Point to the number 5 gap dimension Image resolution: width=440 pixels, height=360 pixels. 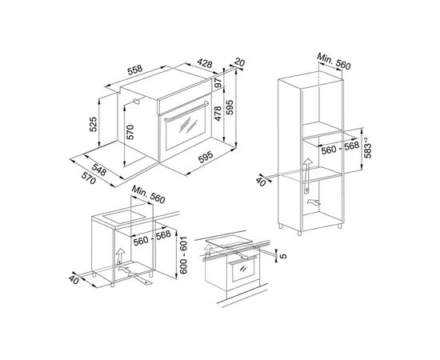[282, 256]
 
